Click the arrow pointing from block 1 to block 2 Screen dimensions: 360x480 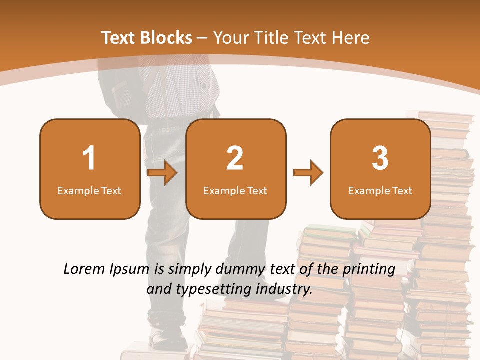(x=163, y=173)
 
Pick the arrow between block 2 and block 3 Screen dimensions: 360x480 (x=308, y=173)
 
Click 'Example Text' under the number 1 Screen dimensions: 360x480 (x=89, y=190)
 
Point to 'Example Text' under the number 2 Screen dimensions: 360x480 (x=235, y=190)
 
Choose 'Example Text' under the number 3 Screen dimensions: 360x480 (x=380, y=190)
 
